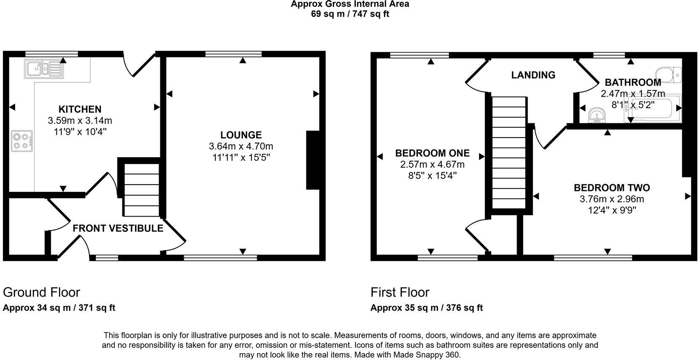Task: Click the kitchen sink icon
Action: [44, 69]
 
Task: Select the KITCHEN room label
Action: [80, 109]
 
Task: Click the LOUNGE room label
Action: [241, 135]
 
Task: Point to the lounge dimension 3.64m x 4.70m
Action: [241, 146]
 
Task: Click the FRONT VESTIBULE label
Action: [118, 228]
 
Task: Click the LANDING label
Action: [533, 75]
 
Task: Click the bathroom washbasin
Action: [596, 115]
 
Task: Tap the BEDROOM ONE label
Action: [432, 153]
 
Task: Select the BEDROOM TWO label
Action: [612, 188]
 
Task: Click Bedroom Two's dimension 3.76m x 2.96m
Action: [612, 199]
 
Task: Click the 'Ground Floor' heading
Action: [41, 292]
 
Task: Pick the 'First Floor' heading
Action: [400, 292]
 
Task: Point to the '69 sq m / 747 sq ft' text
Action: [350, 14]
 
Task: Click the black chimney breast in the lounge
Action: [313, 160]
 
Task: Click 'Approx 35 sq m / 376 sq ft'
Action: [426, 308]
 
